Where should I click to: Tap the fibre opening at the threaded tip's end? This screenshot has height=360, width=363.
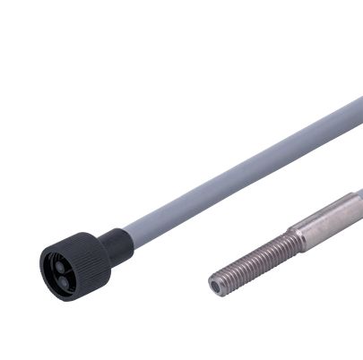click(216, 287)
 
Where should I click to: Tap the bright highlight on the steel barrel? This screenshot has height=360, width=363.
click(327, 212)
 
